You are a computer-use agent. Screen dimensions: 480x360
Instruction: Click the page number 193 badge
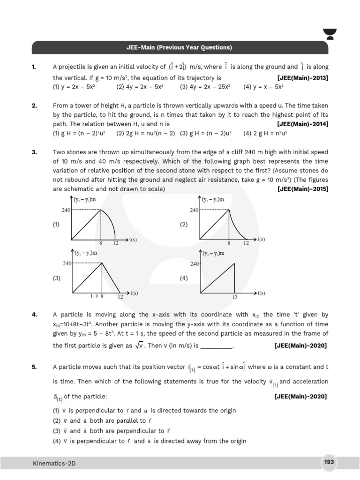click(329, 462)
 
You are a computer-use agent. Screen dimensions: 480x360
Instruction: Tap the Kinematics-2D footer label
click(54, 463)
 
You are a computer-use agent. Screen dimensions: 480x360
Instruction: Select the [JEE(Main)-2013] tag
click(302, 78)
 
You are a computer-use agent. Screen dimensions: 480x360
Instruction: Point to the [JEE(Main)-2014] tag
click(302, 124)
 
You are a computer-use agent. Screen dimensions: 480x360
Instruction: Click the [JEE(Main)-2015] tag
click(302, 189)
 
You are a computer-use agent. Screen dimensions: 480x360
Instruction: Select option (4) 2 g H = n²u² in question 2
click(265, 133)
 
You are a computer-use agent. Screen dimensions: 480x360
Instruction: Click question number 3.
click(34, 152)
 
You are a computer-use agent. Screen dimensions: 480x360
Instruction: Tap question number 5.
click(34, 367)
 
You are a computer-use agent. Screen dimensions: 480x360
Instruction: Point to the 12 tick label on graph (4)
click(234, 297)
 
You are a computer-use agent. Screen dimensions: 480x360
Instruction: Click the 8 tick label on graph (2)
click(229, 243)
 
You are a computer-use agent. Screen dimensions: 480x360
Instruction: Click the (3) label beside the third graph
click(57, 278)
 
